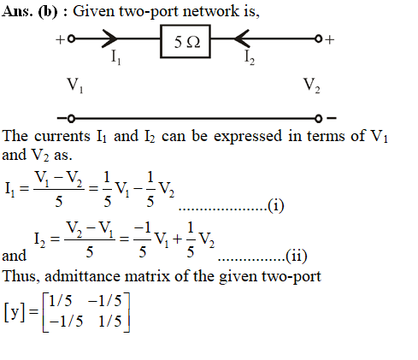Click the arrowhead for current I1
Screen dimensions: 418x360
[110, 38]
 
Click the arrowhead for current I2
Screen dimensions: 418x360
[242, 38]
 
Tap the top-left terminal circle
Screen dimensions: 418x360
[71, 38]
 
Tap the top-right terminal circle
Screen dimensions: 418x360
[318, 38]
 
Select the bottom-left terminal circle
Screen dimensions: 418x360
[71, 118]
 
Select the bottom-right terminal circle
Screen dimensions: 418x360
[318, 118]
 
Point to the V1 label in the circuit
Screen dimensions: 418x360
[75, 86]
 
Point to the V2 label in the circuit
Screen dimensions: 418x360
[312, 86]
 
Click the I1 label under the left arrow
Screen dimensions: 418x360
[116, 57]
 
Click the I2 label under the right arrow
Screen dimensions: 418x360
[250, 57]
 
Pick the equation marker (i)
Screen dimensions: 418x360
[276, 206]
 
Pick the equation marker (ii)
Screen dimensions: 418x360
[297, 256]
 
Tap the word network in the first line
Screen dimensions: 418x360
[211, 11]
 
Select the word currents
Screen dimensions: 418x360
[62, 136]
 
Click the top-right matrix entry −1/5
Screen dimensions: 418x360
[105, 301]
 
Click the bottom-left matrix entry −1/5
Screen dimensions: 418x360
[66, 322]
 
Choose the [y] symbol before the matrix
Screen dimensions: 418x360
[15, 312]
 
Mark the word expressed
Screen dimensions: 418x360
[248, 137]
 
